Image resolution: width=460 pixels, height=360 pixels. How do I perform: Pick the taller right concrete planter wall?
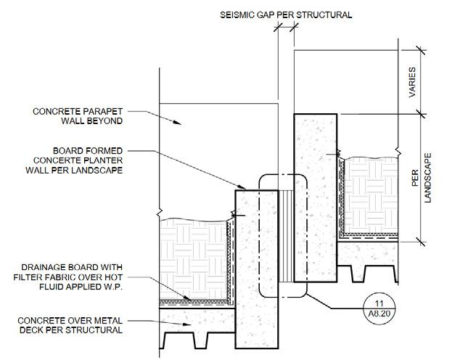coord(316,196)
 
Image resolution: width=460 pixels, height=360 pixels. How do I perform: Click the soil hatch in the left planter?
coord(192,258)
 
